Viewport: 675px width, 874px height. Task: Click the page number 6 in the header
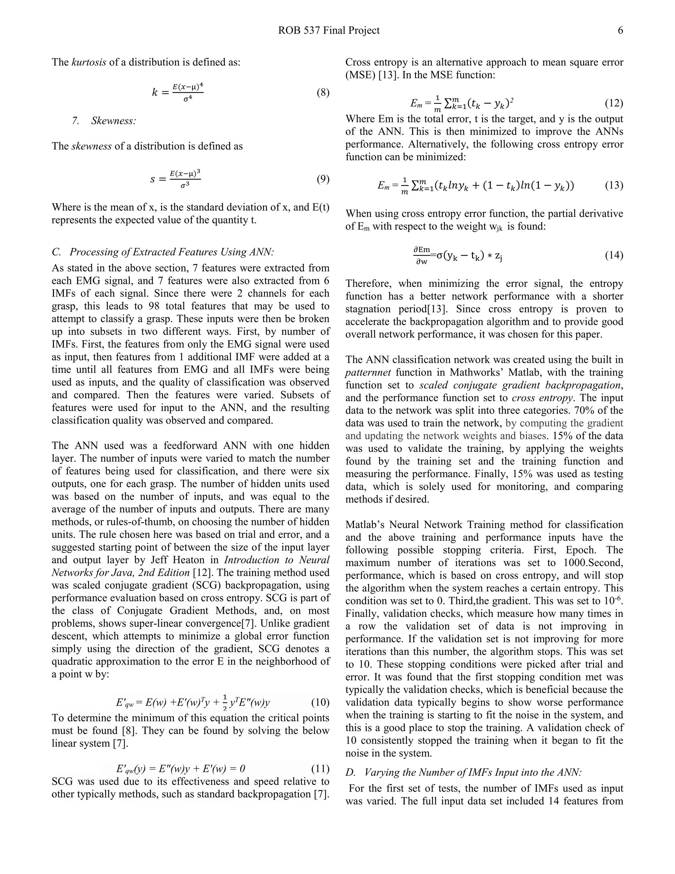(x=620, y=30)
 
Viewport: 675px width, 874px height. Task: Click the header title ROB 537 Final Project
(x=329, y=30)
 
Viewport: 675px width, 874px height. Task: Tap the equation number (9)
(x=323, y=179)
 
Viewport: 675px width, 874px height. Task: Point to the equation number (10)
(x=320, y=702)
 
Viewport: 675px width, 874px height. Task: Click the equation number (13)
(x=614, y=185)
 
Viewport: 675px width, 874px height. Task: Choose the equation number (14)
(x=614, y=255)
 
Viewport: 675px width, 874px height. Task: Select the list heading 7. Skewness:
(x=104, y=121)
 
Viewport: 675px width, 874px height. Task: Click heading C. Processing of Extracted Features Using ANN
(x=163, y=252)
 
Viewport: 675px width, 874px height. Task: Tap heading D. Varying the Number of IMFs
(x=463, y=772)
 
